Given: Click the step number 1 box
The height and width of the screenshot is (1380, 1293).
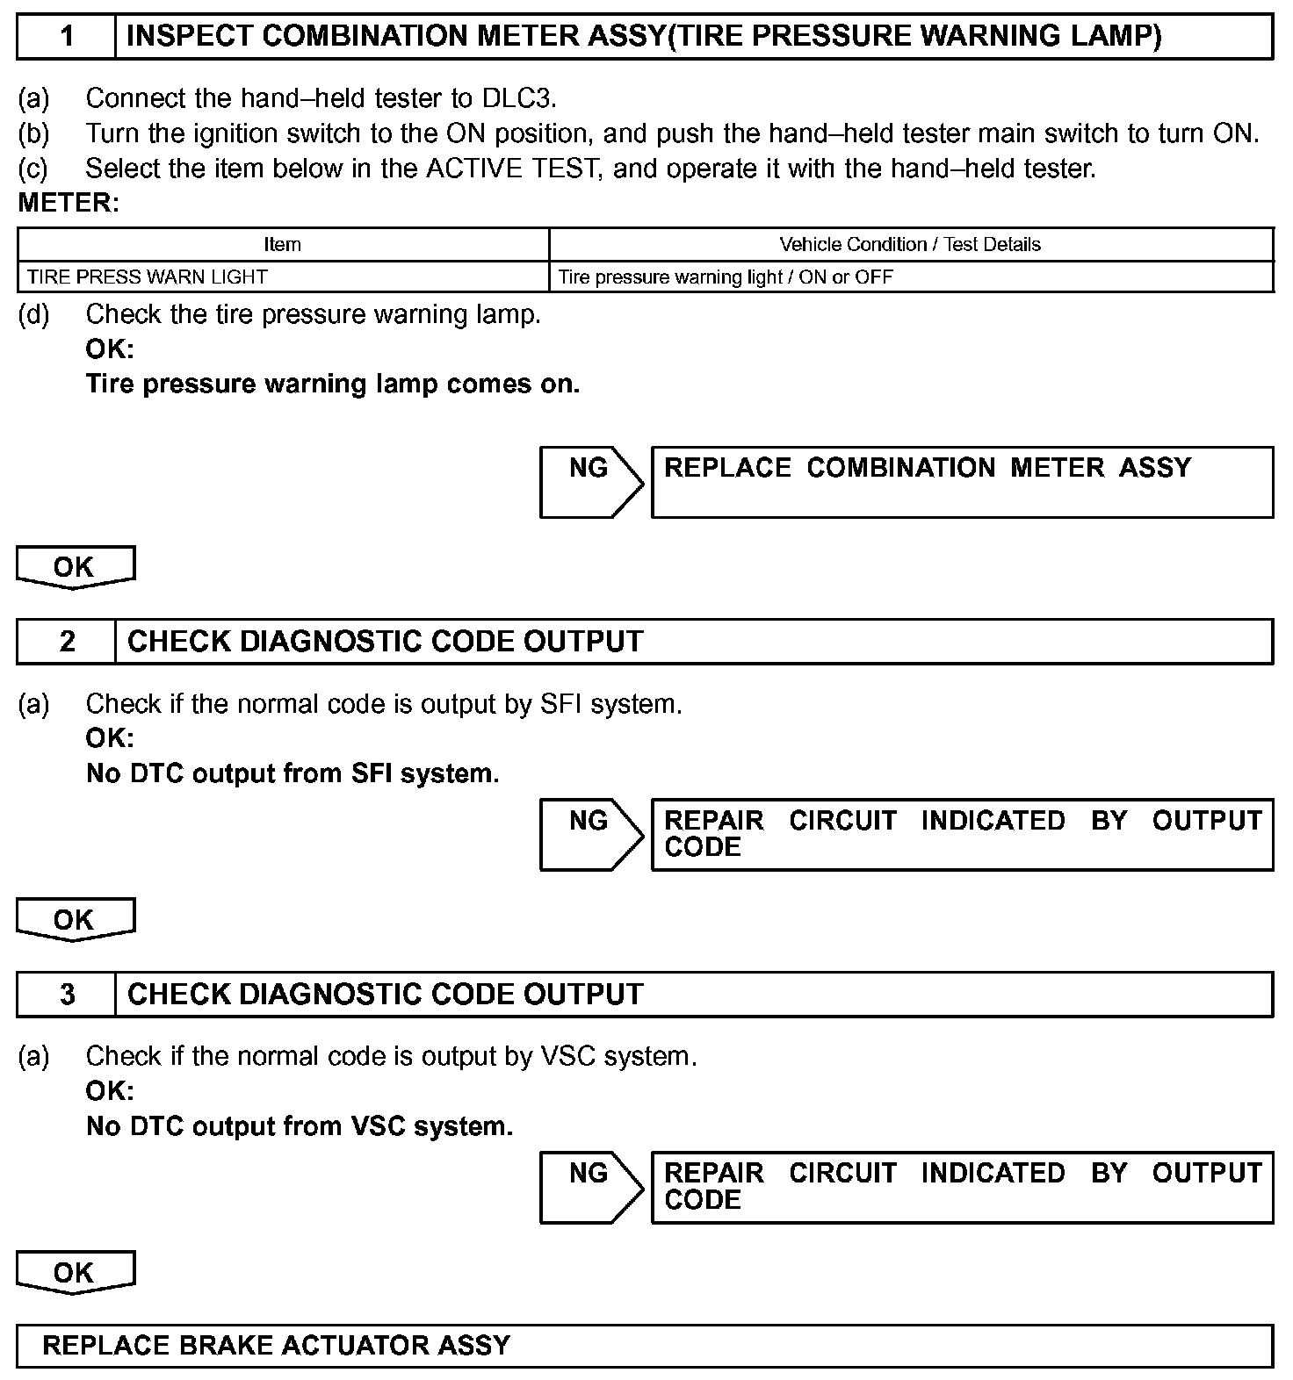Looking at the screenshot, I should [67, 37].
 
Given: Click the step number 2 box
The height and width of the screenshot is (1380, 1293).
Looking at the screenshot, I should [67, 642].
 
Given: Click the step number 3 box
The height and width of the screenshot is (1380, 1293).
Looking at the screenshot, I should [67, 995].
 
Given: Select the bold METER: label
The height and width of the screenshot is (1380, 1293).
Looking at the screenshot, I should [69, 203].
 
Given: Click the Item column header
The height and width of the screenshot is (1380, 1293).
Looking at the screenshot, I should [282, 245].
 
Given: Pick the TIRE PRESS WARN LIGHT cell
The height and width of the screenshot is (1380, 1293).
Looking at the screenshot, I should [148, 277].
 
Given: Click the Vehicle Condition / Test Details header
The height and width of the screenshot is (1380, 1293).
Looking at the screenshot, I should [910, 245].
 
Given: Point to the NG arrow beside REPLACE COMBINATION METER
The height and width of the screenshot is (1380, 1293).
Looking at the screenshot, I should [590, 481].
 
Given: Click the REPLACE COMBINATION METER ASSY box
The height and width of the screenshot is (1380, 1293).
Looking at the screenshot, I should [962, 481].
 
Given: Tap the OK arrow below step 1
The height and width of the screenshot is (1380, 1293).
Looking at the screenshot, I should [75, 567].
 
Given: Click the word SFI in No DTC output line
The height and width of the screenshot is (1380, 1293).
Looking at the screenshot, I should [372, 773].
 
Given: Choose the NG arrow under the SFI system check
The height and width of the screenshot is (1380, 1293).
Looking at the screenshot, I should [590, 834].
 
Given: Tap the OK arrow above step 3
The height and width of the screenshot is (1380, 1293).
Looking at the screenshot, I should [75, 920].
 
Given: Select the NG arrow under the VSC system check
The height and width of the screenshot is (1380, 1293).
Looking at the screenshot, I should [590, 1187].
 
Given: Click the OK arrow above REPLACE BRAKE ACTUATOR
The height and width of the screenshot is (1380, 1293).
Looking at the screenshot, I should [75, 1273].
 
